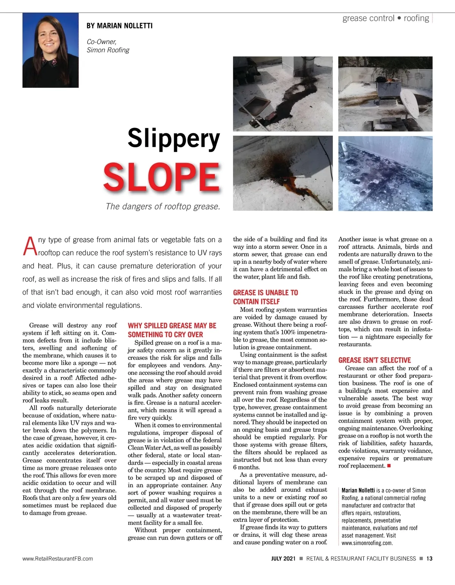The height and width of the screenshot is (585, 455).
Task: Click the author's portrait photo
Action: [x=50, y=50]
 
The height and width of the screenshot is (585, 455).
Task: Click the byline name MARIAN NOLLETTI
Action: [x=119, y=26]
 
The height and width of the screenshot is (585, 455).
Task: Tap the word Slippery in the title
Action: [x=174, y=139]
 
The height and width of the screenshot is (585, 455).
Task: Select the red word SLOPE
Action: [x=162, y=177]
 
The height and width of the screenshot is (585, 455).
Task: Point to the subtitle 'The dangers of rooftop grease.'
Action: [x=163, y=207]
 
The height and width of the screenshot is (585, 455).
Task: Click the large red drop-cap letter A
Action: [x=30, y=246]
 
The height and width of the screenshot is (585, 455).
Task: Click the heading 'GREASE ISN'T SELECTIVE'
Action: [x=375, y=360]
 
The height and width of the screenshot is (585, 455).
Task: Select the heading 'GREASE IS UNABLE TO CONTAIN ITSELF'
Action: [x=265, y=297]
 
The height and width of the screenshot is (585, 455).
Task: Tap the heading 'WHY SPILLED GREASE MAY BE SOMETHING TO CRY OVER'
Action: [x=172, y=330]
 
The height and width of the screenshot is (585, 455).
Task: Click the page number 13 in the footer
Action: [x=429, y=558]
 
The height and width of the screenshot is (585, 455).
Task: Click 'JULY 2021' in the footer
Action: [x=283, y=558]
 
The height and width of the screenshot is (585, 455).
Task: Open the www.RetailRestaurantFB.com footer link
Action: [x=58, y=558]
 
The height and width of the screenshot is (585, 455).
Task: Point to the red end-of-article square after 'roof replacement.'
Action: [x=389, y=466]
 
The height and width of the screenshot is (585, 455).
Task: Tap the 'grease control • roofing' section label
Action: [x=386, y=18]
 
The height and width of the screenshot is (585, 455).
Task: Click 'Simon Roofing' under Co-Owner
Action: [x=108, y=50]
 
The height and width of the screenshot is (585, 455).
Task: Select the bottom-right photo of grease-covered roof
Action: [x=385, y=173]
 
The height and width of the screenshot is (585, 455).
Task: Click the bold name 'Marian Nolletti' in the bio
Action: [x=358, y=490]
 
